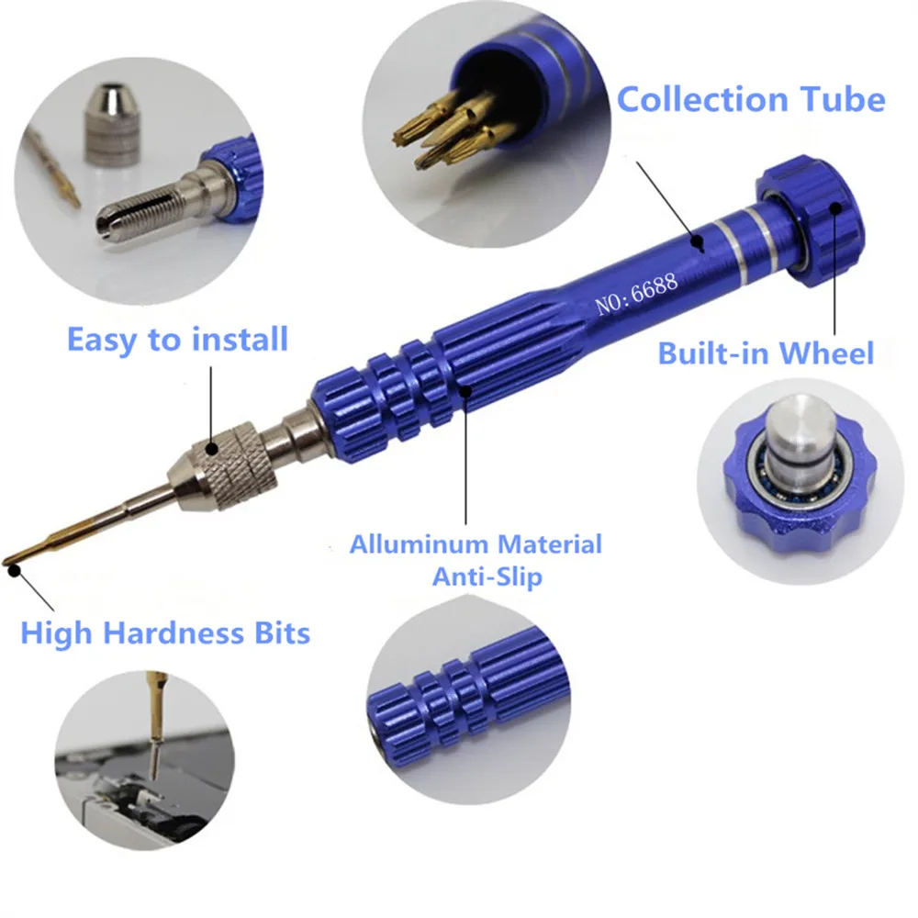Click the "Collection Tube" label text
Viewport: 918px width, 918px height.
(x=751, y=99)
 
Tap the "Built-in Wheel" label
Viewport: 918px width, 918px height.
(x=766, y=353)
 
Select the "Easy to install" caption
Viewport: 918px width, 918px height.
(x=177, y=340)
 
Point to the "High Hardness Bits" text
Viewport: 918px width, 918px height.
(x=165, y=633)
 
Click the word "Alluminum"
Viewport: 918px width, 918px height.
(x=415, y=543)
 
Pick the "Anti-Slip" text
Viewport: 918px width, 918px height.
(x=487, y=577)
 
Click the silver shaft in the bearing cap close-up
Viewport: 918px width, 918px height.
(x=796, y=436)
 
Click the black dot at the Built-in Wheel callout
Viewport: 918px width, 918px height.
(x=834, y=207)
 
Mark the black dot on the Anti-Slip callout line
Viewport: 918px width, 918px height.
(x=466, y=391)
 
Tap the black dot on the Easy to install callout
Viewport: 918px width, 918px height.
(x=212, y=449)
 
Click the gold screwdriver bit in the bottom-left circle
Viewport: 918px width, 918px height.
(x=155, y=726)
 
